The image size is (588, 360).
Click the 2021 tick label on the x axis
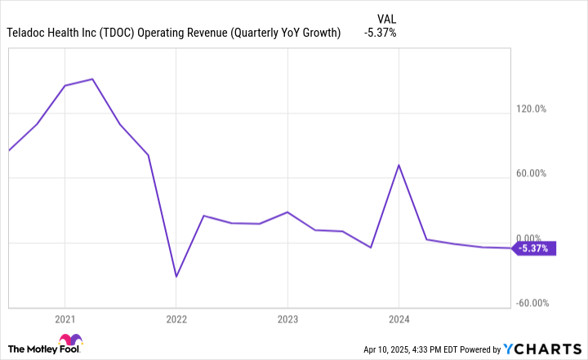(x=65, y=318)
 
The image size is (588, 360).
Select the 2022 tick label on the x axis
(x=176, y=318)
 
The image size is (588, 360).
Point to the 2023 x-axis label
(x=287, y=318)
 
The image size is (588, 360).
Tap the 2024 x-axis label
(x=398, y=318)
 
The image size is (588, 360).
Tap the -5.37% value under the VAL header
(x=380, y=33)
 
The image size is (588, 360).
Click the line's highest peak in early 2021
(x=92, y=79)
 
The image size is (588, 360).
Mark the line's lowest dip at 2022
(x=176, y=276)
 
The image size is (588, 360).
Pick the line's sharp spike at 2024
(x=398, y=165)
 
